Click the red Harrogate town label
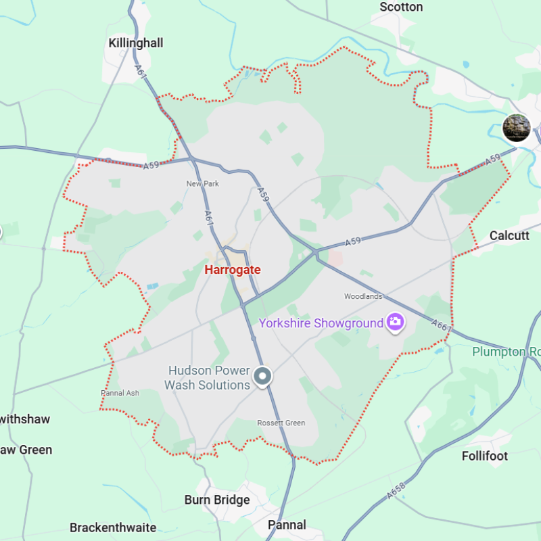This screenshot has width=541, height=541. [232, 270]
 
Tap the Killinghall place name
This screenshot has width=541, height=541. [136, 43]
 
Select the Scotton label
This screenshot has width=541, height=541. [401, 7]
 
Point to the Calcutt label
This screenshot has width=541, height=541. [509, 235]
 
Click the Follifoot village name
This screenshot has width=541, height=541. [485, 456]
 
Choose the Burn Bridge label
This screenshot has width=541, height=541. [217, 500]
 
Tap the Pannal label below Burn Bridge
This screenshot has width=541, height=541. [287, 525]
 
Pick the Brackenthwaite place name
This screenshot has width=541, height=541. [113, 527]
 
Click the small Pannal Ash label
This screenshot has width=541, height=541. [120, 393]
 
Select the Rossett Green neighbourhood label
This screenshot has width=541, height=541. [281, 423]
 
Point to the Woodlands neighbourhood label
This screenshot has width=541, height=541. [363, 296]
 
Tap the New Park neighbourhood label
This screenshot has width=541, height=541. [203, 183]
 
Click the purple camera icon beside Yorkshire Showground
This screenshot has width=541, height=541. [395, 322]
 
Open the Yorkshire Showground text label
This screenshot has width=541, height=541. [321, 323]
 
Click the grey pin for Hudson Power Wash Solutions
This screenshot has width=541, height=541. [262, 375]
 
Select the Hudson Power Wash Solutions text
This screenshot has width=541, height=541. [208, 378]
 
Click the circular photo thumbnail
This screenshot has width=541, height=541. [517, 128]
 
